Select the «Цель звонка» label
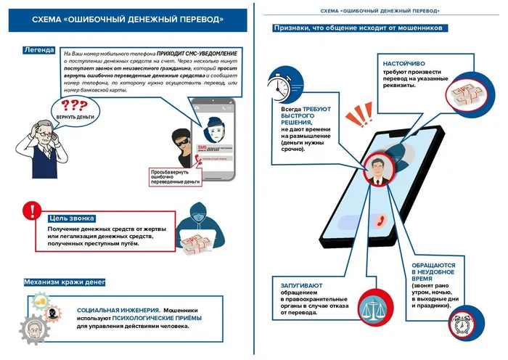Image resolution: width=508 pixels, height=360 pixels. point(71,218)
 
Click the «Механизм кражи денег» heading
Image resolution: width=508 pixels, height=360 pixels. point(64,282)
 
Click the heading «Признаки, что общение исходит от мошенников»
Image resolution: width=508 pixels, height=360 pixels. point(359,28)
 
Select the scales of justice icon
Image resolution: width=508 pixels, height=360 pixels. point(378,305)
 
